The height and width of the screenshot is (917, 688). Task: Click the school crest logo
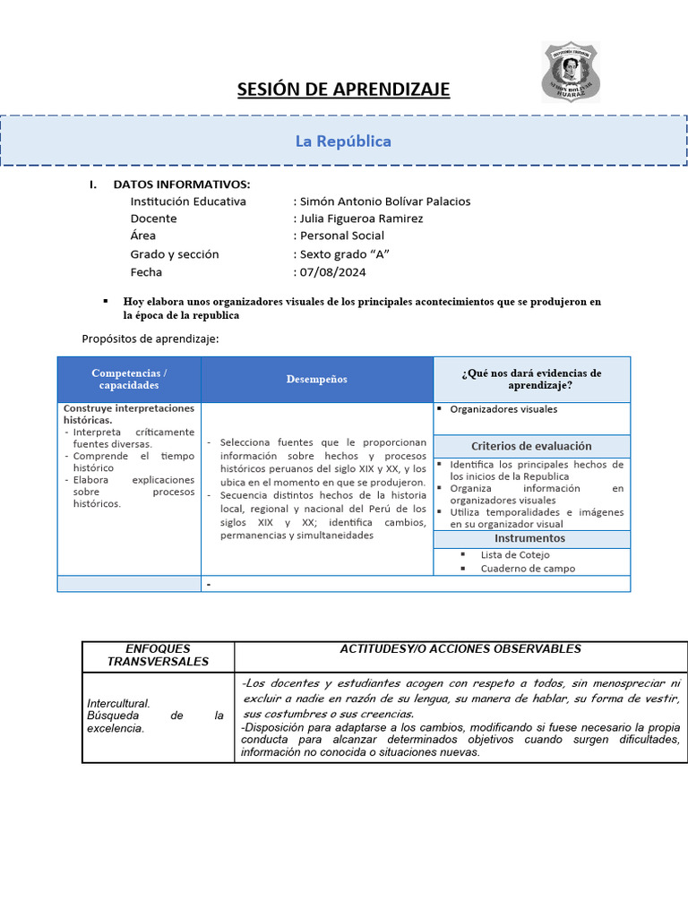point(571,72)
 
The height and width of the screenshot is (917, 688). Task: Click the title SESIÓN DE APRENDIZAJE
point(343,90)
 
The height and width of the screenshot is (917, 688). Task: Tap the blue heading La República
point(343,141)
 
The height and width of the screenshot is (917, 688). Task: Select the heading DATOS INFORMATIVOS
point(182,184)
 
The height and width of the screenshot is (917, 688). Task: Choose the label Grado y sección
point(175,254)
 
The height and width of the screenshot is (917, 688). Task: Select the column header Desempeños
point(317,380)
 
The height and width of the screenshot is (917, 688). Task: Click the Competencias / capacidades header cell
point(129,379)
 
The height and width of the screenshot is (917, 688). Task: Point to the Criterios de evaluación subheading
point(531,446)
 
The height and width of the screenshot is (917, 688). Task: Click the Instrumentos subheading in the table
point(530,538)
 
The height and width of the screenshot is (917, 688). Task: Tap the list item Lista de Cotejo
point(515,555)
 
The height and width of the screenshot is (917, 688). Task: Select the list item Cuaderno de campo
point(528,569)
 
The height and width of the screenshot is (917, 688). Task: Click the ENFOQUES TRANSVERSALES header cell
point(158,655)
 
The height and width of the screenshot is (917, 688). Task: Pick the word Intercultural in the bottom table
point(118,704)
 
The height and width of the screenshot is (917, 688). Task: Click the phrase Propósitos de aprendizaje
point(150,339)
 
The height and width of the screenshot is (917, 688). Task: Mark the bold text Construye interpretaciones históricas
point(129,414)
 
